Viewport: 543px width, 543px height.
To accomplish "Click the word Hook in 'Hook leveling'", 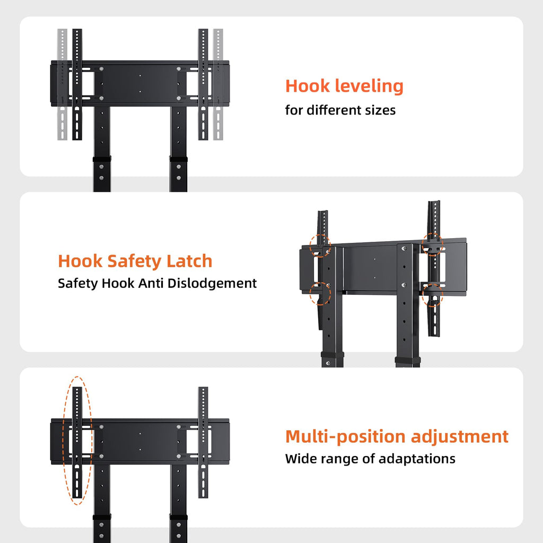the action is coord(307,86).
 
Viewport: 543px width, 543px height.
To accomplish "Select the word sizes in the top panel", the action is coord(382,110).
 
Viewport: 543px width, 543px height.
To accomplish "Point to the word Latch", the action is coord(189,261).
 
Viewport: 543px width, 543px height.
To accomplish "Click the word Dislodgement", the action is coord(212,284).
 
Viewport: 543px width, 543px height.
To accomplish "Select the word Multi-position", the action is coord(345,437).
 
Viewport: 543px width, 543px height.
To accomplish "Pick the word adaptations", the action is coord(417,459).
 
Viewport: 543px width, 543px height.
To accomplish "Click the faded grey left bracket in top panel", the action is coord(63,84).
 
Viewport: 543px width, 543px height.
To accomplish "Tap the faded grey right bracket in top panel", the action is coord(218,84).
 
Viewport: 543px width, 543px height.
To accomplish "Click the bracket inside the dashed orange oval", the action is coord(77,443).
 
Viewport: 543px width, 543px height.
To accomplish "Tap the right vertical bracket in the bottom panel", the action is coord(203,443).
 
